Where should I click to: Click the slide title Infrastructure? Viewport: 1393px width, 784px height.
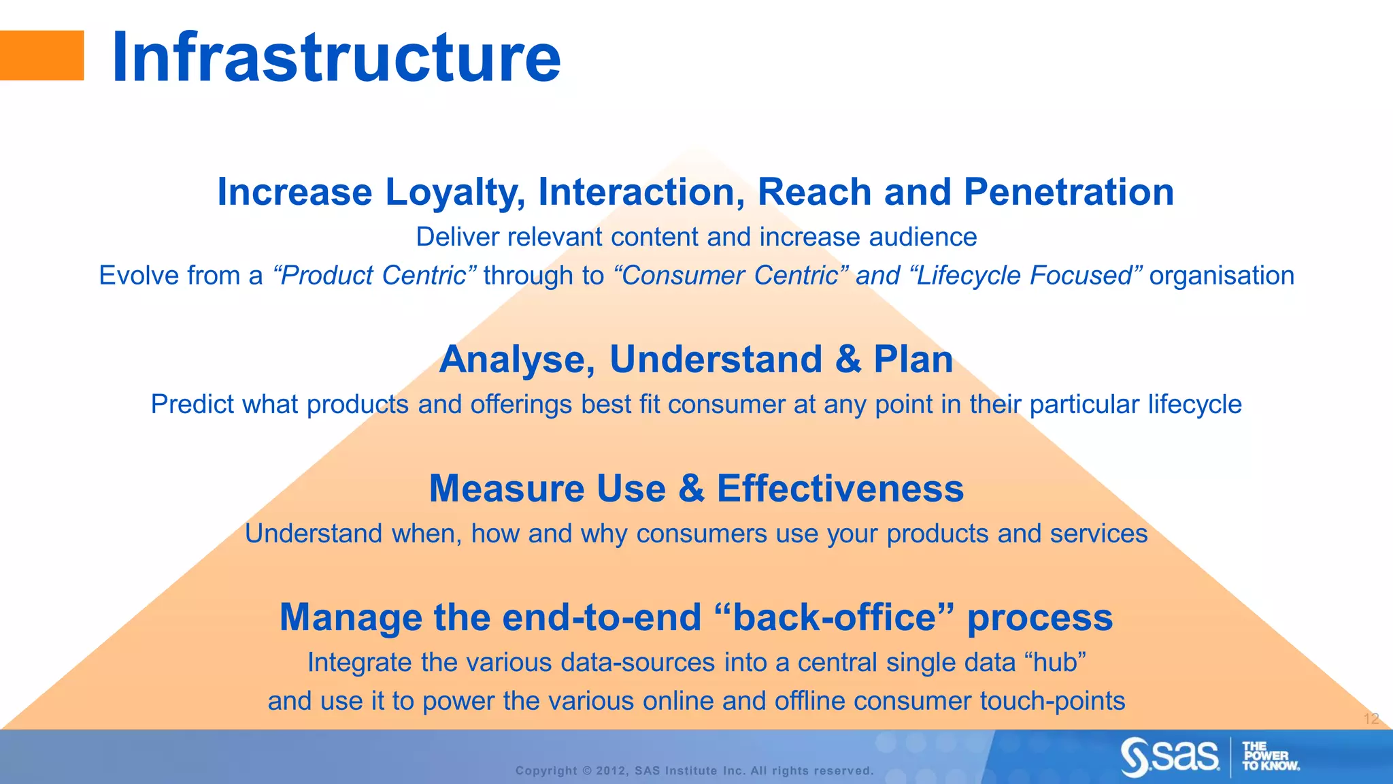tap(336, 58)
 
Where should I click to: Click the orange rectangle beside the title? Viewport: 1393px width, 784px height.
tap(41, 56)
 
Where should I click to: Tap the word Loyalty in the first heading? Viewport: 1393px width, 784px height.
tap(455, 193)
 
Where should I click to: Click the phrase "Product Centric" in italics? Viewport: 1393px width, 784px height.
tap(374, 276)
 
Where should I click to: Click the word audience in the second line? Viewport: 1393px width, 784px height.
tap(923, 237)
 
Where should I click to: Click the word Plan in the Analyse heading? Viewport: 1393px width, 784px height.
tap(913, 359)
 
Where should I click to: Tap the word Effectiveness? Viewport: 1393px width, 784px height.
tap(840, 489)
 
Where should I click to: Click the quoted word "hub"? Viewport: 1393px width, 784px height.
tap(1054, 662)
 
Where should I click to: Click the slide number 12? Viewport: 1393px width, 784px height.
tap(1371, 719)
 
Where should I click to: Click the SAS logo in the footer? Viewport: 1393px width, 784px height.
tap(1171, 757)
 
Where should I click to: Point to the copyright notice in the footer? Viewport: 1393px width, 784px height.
tap(694, 770)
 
